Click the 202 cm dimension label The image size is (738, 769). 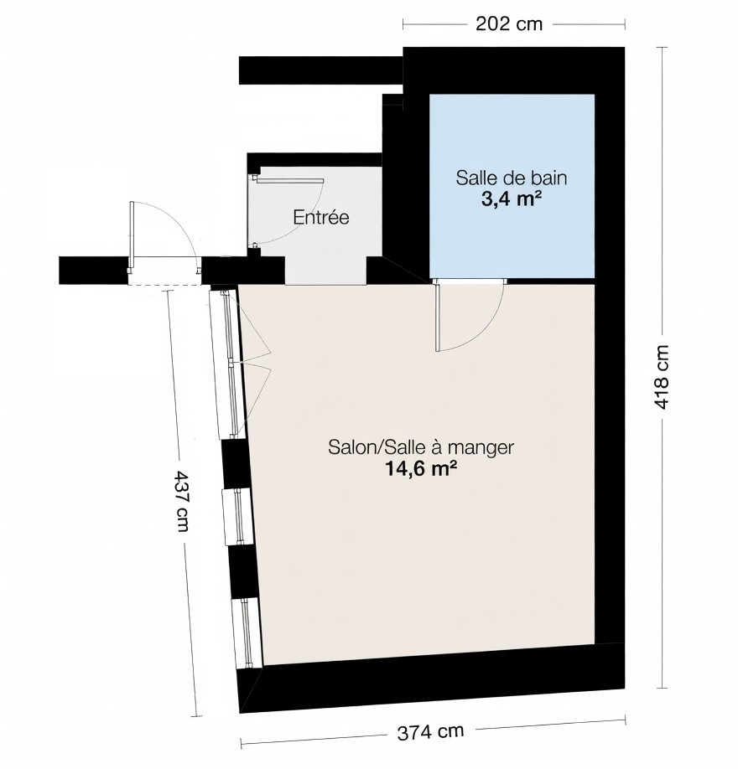pyautogui.click(x=509, y=23)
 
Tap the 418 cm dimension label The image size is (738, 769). pyautogui.click(x=662, y=376)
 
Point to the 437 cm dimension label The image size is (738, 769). pyautogui.click(x=181, y=501)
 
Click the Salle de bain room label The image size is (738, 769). pyautogui.click(x=512, y=178)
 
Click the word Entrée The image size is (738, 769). pyautogui.click(x=320, y=218)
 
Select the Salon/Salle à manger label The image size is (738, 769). pyautogui.click(x=420, y=447)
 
